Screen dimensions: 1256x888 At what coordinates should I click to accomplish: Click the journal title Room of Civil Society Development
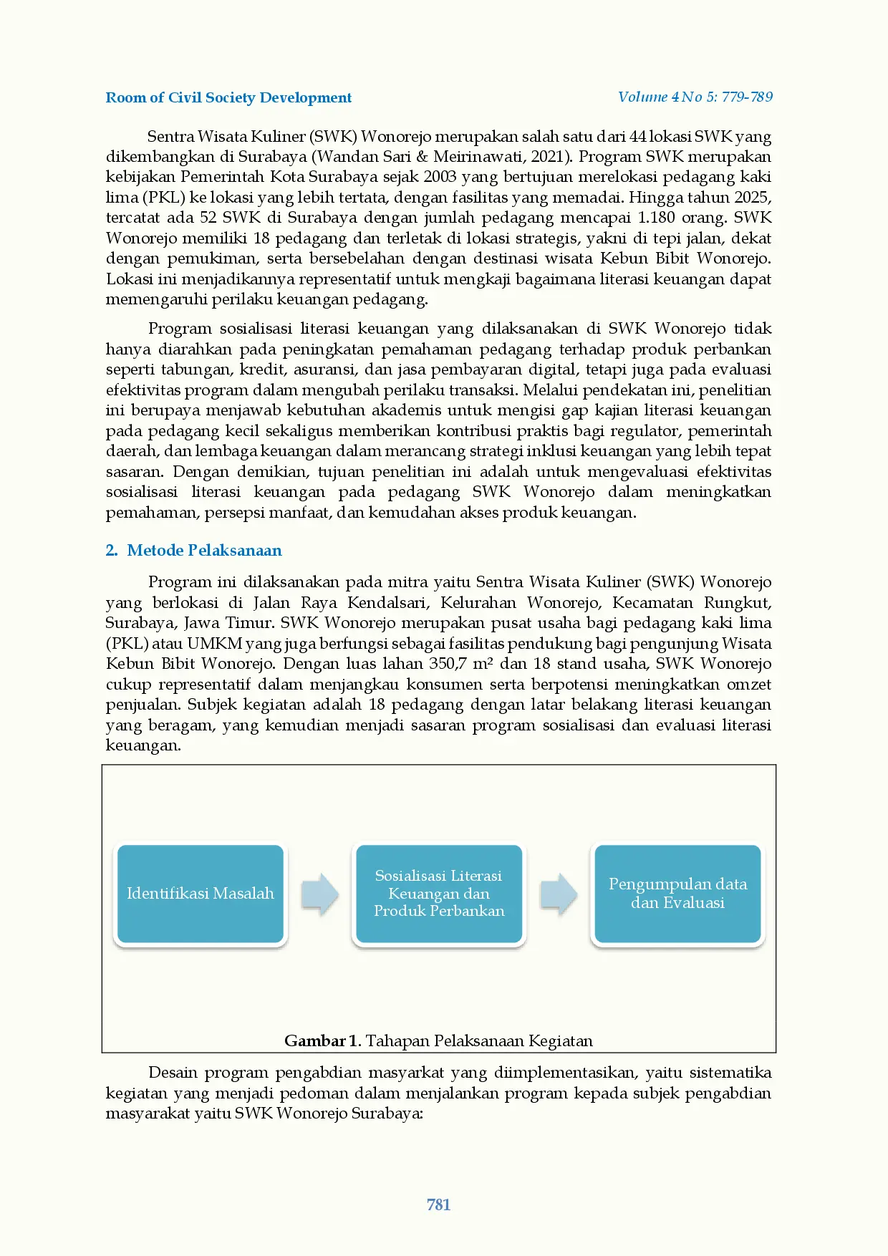coord(228,98)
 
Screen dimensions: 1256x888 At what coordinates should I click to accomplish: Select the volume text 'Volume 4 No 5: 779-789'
coord(695,97)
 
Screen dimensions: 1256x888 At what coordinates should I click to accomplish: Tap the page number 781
coord(438,1204)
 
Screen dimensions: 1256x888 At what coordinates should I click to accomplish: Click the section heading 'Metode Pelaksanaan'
coord(204,550)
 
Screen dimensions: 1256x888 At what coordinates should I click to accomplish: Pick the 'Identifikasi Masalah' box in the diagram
coord(201,894)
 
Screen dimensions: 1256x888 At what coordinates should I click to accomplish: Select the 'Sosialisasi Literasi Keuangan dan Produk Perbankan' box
coord(439,894)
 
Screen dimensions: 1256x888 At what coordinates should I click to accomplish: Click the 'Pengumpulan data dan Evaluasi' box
coord(677,894)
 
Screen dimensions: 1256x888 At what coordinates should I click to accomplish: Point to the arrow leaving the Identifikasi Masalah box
coord(319,894)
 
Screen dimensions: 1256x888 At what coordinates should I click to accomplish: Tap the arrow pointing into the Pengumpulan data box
coord(559,894)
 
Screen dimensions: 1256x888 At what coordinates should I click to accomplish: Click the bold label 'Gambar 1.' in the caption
coord(322,1040)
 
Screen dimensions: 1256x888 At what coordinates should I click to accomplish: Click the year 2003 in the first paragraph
coord(440,177)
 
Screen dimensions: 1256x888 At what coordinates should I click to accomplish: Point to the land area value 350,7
coord(448,664)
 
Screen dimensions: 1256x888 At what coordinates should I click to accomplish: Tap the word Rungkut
coord(737,603)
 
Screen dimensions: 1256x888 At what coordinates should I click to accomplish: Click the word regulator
coord(641,431)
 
